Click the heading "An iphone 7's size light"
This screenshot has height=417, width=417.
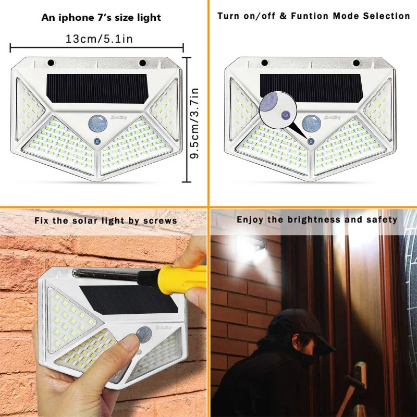point(101,18)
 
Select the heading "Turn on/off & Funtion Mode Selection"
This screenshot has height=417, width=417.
point(313,16)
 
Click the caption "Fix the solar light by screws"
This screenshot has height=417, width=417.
point(106,220)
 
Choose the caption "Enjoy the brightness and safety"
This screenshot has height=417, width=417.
point(317,219)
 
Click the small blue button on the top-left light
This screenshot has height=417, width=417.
point(97,141)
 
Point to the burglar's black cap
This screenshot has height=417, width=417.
point(301,326)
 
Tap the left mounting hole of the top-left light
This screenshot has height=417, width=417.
point(51,63)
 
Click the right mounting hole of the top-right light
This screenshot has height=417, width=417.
point(356,63)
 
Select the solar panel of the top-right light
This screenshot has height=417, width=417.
point(311,87)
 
